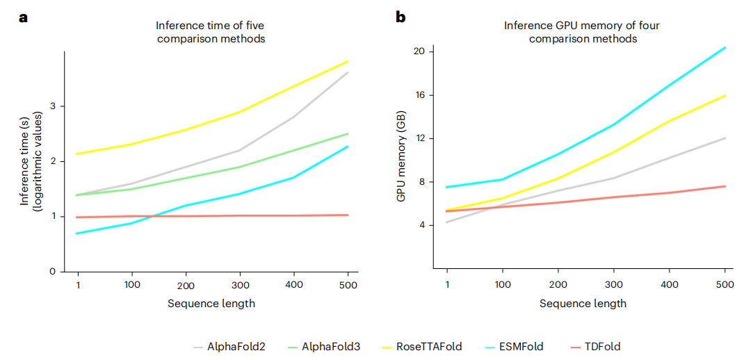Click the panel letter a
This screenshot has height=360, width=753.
click(x=23, y=17)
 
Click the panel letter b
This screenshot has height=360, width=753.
click(x=400, y=17)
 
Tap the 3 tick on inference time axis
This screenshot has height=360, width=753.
click(x=52, y=106)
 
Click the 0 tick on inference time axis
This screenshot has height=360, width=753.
click(x=52, y=271)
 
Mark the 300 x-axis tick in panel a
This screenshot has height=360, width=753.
click(x=240, y=285)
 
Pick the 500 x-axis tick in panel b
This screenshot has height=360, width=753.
click(x=725, y=285)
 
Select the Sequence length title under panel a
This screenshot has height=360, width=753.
click(x=211, y=304)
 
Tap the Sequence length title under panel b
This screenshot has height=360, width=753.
click(x=583, y=304)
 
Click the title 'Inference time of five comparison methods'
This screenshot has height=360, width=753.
click(x=211, y=33)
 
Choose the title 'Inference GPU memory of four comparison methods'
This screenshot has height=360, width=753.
click(x=583, y=33)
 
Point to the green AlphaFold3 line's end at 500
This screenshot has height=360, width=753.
click(x=348, y=133)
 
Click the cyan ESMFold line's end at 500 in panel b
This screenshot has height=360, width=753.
click(x=725, y=47)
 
